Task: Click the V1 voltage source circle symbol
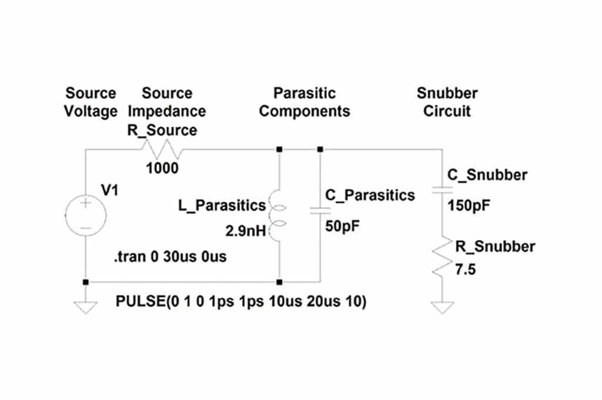pos(86,216)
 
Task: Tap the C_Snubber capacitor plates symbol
pos(442,189)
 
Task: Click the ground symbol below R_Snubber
pos(442,307)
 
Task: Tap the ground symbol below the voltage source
pos(86,307)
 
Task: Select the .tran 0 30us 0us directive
pos(170,258)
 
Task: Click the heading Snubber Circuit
pos(447,102)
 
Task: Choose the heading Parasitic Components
pos(305,102)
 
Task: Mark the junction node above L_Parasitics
pos(280,149)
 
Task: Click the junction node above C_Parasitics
pos(320,149)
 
